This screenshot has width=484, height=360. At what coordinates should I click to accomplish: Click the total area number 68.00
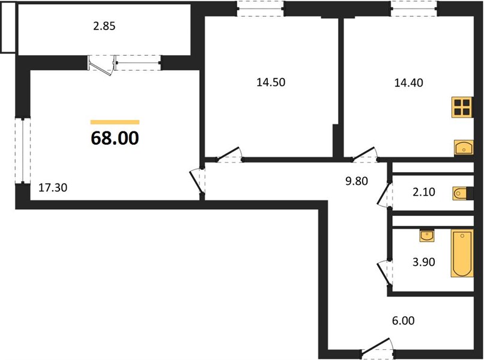(x=115, y=138)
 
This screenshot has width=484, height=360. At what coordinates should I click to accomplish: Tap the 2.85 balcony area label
(x=104, y=26)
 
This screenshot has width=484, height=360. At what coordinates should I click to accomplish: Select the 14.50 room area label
(x=271, y=82)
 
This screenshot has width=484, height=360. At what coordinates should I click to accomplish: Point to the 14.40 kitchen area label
(x=409, y=83)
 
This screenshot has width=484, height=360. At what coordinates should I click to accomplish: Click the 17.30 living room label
(x=53, y=188)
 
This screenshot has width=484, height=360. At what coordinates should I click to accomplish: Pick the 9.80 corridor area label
(x=357, y=181)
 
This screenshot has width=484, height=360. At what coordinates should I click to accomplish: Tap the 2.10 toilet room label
(x=424, y=192)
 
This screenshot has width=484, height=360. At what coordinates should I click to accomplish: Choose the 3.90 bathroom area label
(x=424, y=262)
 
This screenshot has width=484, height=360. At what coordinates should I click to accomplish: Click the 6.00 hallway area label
(x=403, y=321)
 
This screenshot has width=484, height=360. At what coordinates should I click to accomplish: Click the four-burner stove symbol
(x=462, y=107)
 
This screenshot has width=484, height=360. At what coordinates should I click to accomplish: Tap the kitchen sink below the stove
(x=464, y=147)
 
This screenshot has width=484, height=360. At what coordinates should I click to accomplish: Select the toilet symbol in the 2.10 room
(x=463, y=193)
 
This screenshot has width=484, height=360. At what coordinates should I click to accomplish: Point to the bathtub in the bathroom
(x=462, y=253)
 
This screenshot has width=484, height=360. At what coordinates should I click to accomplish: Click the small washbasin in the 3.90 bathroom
(x=427, y=236)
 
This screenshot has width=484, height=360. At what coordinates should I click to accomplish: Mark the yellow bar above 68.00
(x=115, y=122)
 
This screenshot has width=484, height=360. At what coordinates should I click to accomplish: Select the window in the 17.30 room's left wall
(x=23, y=150)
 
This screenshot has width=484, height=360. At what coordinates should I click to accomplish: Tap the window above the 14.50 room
(x=261, y=8)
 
